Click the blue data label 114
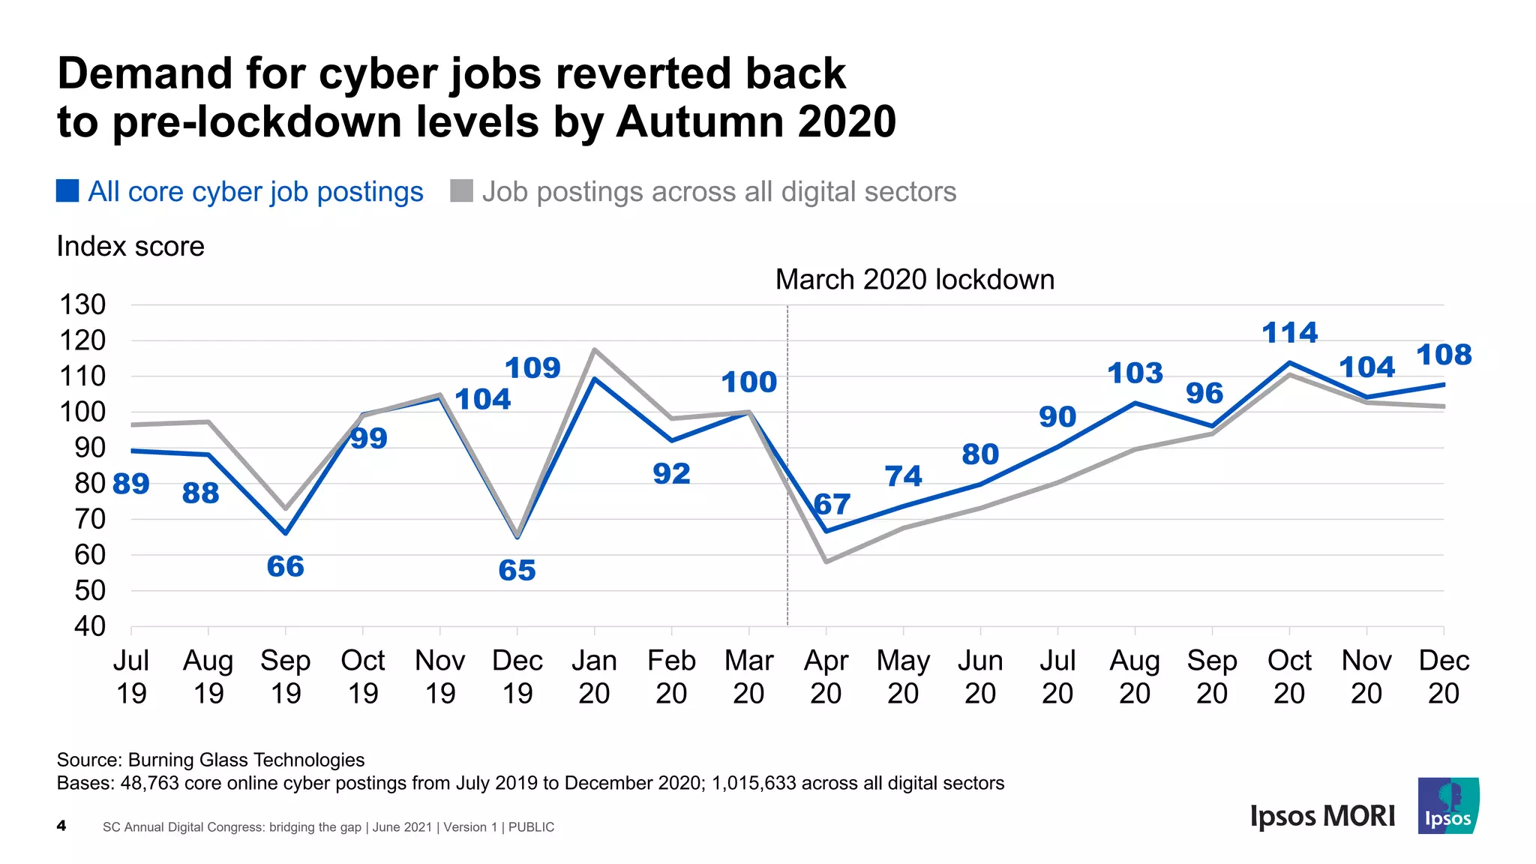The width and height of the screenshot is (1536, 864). [x=1289, y=333]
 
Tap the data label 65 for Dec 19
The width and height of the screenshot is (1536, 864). [x=517, y=571]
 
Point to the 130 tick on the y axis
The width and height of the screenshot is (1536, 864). [x=82, y=305]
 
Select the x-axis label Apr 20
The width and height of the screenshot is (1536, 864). [x=826, y=676]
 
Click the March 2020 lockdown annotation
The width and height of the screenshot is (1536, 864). [x=914, y=280]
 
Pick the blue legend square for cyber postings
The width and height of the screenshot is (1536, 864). [x=67, y=191]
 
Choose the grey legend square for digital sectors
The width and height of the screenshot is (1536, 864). [x=461, y=191]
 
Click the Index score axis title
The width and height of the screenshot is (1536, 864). [x=130, y=247]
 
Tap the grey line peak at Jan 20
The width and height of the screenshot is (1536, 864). [x=594, y=349]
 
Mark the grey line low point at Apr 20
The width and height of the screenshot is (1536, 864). [x=826, y=561]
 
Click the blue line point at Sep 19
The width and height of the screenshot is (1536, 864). [x=286, y=533]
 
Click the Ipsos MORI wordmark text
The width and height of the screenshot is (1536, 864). [x=1322, y=816]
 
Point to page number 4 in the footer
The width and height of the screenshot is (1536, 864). [x=61, y=826]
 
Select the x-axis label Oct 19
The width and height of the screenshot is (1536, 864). [x=363, y=676]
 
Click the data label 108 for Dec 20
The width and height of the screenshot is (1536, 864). [x=1444, y=355]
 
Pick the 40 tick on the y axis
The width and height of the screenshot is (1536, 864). [x=89, y=626]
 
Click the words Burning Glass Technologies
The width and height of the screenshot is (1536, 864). [x=246, y=760]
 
